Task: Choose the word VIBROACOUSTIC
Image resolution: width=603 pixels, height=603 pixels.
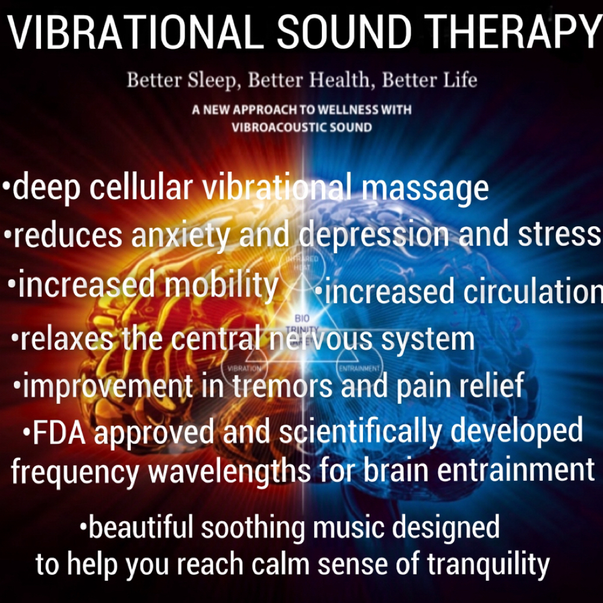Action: tap(282, 127)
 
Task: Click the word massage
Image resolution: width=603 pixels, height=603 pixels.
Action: tap(425, 188)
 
